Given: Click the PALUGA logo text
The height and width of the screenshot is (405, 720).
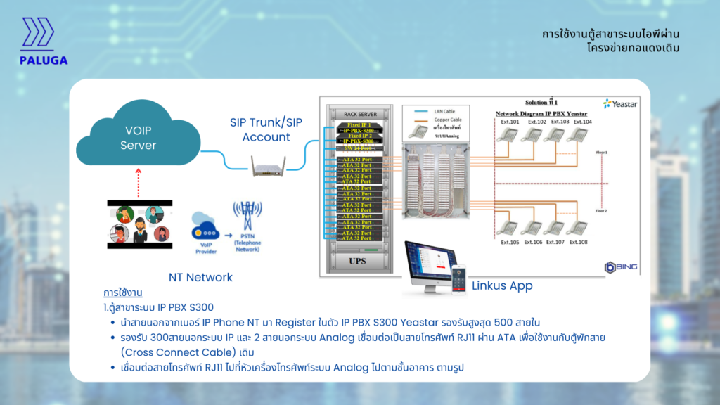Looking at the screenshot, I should point(44,60).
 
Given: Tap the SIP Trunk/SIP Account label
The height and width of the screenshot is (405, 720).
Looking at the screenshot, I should point(266,129).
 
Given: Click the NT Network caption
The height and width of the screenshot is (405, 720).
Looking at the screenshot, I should point(200,277).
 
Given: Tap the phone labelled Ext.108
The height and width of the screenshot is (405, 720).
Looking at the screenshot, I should point(577,229).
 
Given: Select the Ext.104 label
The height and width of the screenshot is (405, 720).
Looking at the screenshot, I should point(582,122).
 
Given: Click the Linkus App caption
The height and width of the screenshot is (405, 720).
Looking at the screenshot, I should point(501,285).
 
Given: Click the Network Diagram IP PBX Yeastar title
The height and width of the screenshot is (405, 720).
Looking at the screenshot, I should point(541,113).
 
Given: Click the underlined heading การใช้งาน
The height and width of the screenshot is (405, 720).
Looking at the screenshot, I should point(123,292).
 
